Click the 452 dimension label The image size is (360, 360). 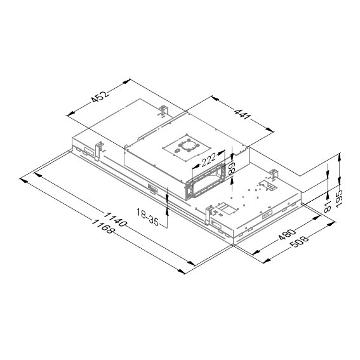pyautogui.click(x=98, y=97)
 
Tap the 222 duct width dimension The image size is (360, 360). pyautogui.click(x=207, y=159)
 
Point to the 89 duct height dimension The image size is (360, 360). pyautogui.click(x=233, y=168)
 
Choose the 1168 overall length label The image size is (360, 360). pyautogui.click(x=103, y=227)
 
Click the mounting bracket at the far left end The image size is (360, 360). pyautogui.click(x=99, y=147)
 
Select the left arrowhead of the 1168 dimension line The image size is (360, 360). pyautogui.click(x=23, y=180)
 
